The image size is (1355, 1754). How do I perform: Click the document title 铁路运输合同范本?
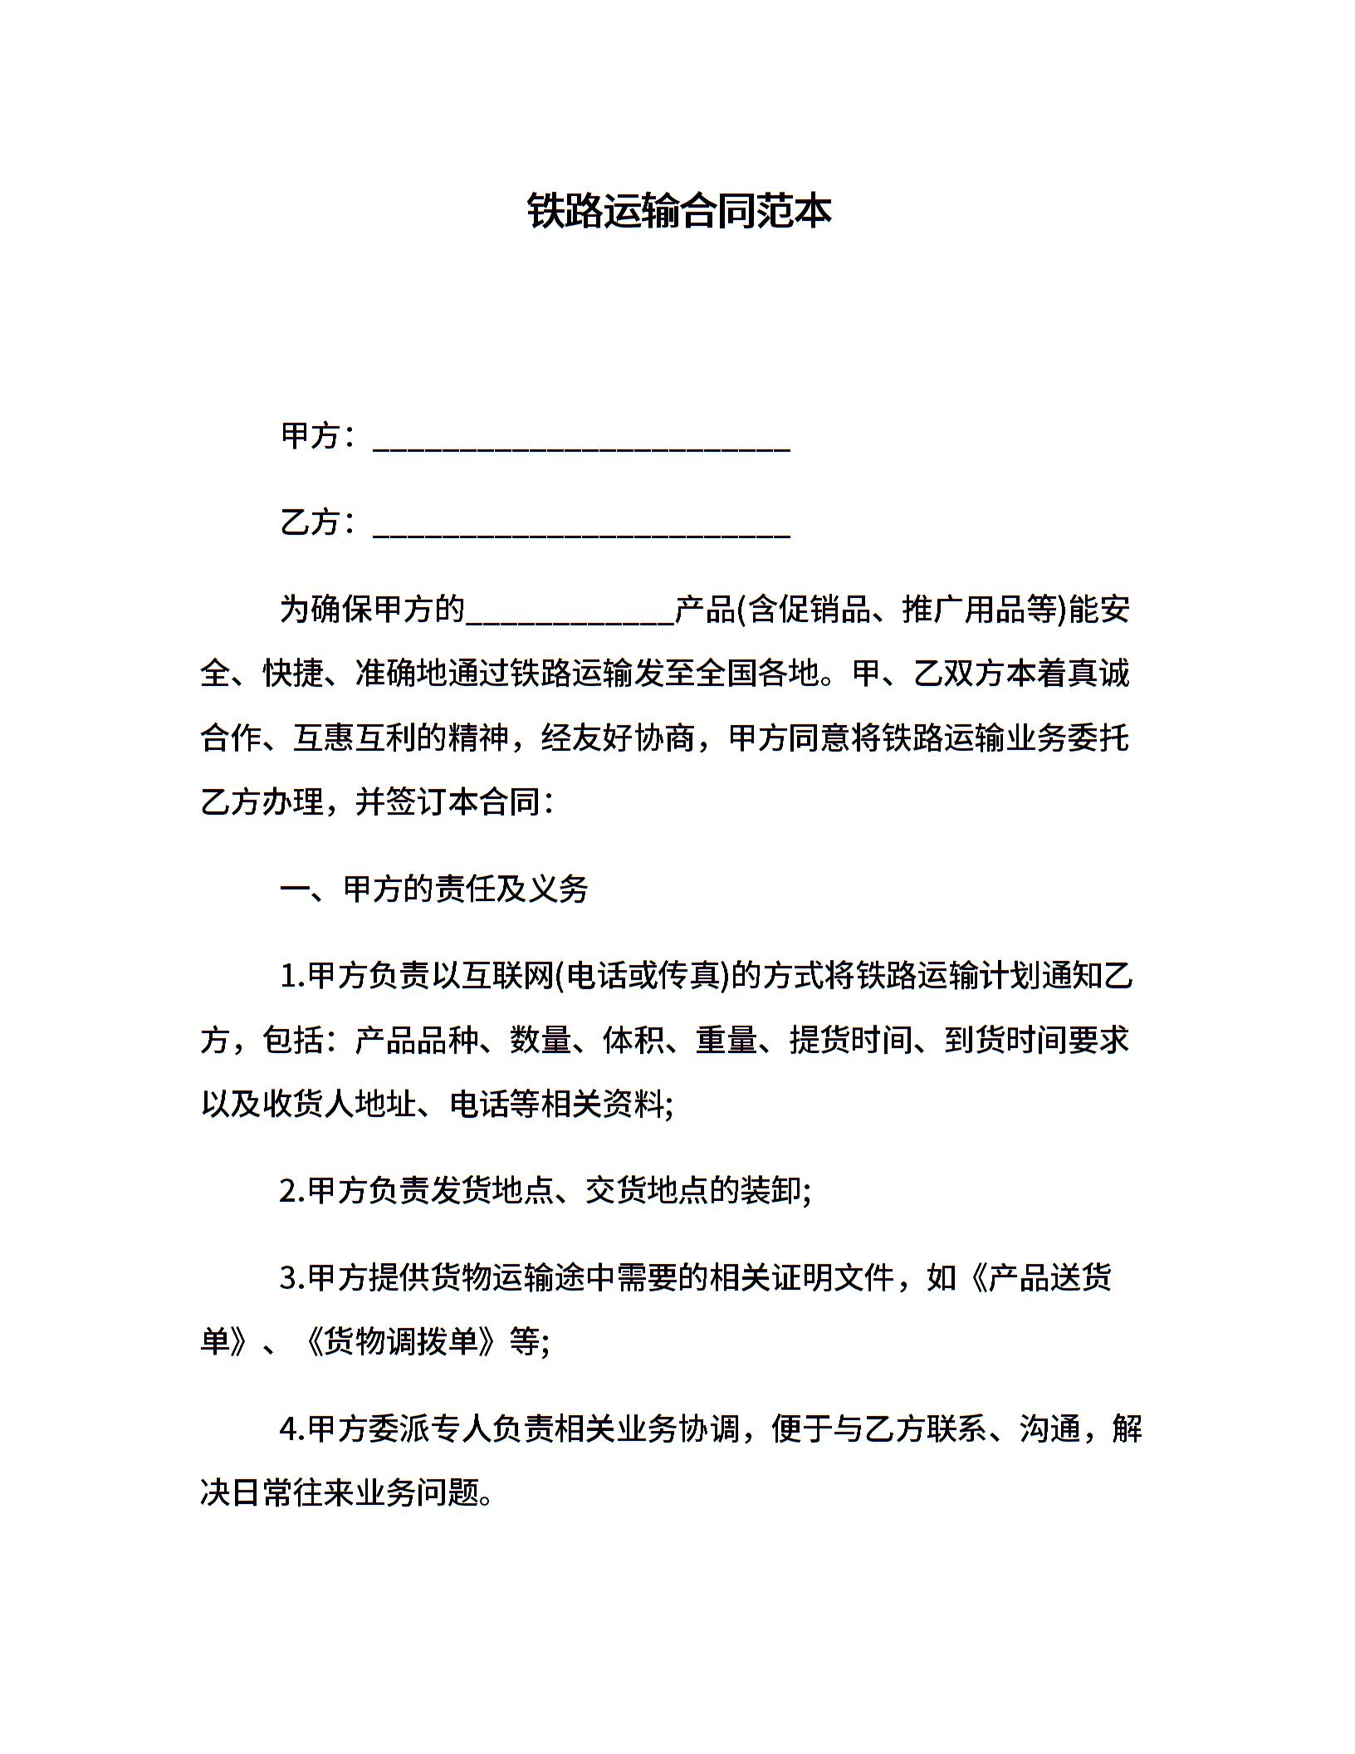coord(678,212)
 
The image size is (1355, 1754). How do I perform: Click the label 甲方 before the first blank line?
coord(311,436)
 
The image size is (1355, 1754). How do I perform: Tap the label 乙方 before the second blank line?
coord(311,522)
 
